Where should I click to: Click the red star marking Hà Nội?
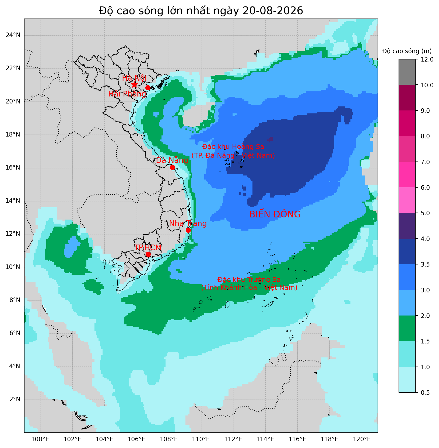pyautogui.click(x=134, y=85)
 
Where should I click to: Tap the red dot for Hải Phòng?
pyautogui.click(x=148, y=88)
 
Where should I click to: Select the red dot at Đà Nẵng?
pyautogui.click(x=172, y=167)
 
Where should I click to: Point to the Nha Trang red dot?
pyautogui.click(x=188, y=230)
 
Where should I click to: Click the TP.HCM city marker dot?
pyautogui.click(x=148, y=254)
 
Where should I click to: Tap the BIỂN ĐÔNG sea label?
pyautogui.click(x=275, y=214)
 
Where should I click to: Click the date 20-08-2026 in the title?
pyautogui.click(x=273, y=11)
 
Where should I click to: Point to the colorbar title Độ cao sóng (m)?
pyautogui.click(x=407, y=51)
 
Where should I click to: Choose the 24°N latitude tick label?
pyautogui.click(x=13, y=35)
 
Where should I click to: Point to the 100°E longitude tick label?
pyautogui.click(x=40, y=439)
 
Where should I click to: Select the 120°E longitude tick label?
pyautogui.click(x=362, y=439)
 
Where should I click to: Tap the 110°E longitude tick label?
pyautogui.click(x=201, y=439)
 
